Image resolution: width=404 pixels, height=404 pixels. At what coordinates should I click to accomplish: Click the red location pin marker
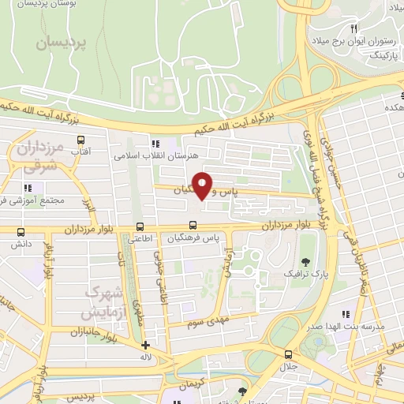pyautogui.click(x=203, y=185)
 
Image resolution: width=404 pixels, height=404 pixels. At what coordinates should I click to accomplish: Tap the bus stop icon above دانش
pyautogui.click(x=21, y=232)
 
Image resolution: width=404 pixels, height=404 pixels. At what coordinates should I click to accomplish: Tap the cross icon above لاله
pyautogui.click(x=145, y=345)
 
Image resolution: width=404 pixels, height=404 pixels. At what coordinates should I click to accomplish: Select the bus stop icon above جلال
pyautogui.click(x=288, y=354)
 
